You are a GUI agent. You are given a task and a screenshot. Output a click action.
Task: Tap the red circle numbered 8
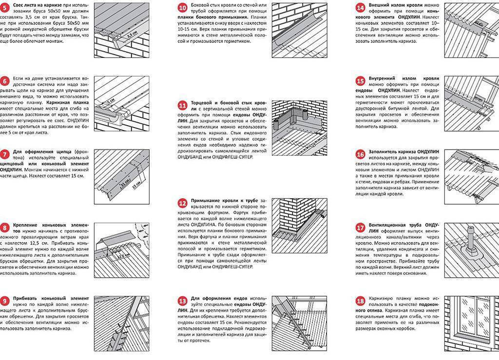tap(5, 227)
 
